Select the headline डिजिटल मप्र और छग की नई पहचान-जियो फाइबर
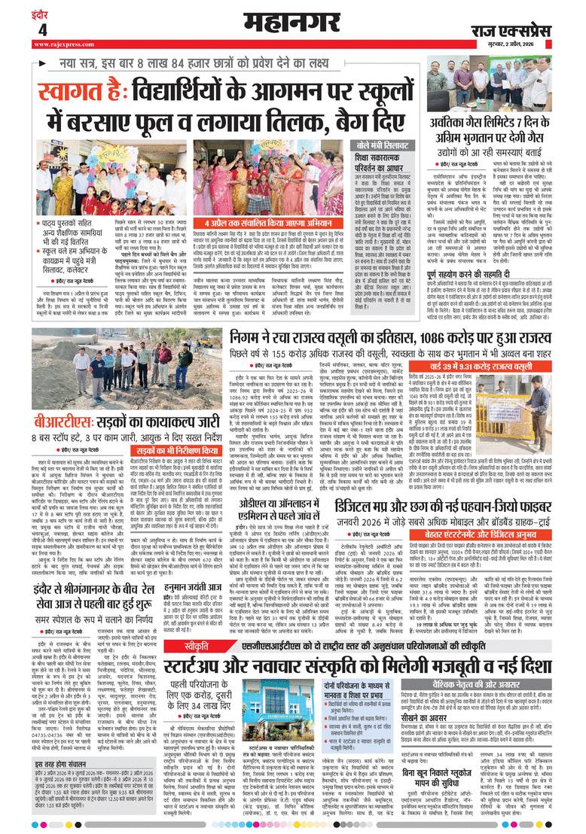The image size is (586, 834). (x=437, y=523)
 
